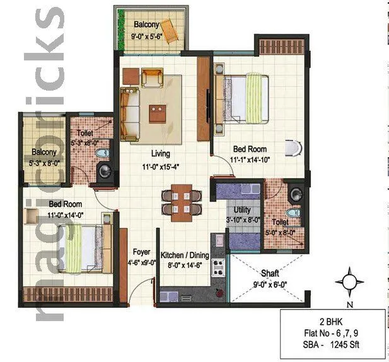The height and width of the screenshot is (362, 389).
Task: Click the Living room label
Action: point(160,154)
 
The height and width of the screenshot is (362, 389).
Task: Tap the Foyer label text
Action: point(141,252)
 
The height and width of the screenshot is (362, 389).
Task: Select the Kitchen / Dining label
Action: point(184,256)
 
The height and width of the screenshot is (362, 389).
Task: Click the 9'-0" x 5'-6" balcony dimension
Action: point(148,37)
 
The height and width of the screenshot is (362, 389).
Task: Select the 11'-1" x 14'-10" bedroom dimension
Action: point(252,160)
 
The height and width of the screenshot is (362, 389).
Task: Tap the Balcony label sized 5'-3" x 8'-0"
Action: point(44,152)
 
